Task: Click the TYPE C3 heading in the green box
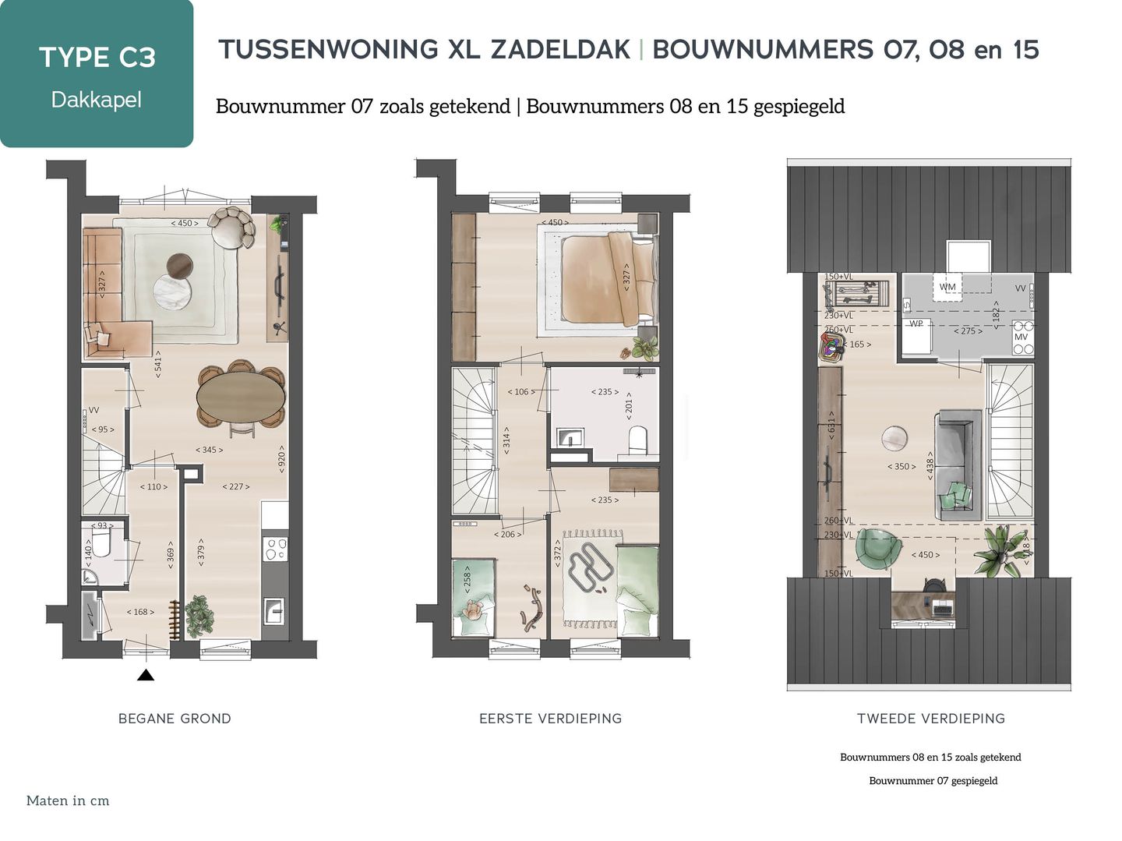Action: point(97,58)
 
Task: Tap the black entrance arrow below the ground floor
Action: point(146,675)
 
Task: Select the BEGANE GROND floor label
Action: point(175,719)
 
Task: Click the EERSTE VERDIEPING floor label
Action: point(550,719)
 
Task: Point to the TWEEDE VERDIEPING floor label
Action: point(930,719)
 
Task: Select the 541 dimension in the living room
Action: point(157,364)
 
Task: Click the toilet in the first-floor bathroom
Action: point(637,439)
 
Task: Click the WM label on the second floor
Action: point(947,287)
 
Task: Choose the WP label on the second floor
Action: point(916,323)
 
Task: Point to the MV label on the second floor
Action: point(1021,337)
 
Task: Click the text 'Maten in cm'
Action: point(68,800)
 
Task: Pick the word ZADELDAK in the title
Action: point(560,50)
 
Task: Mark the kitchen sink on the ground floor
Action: point(274,610)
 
